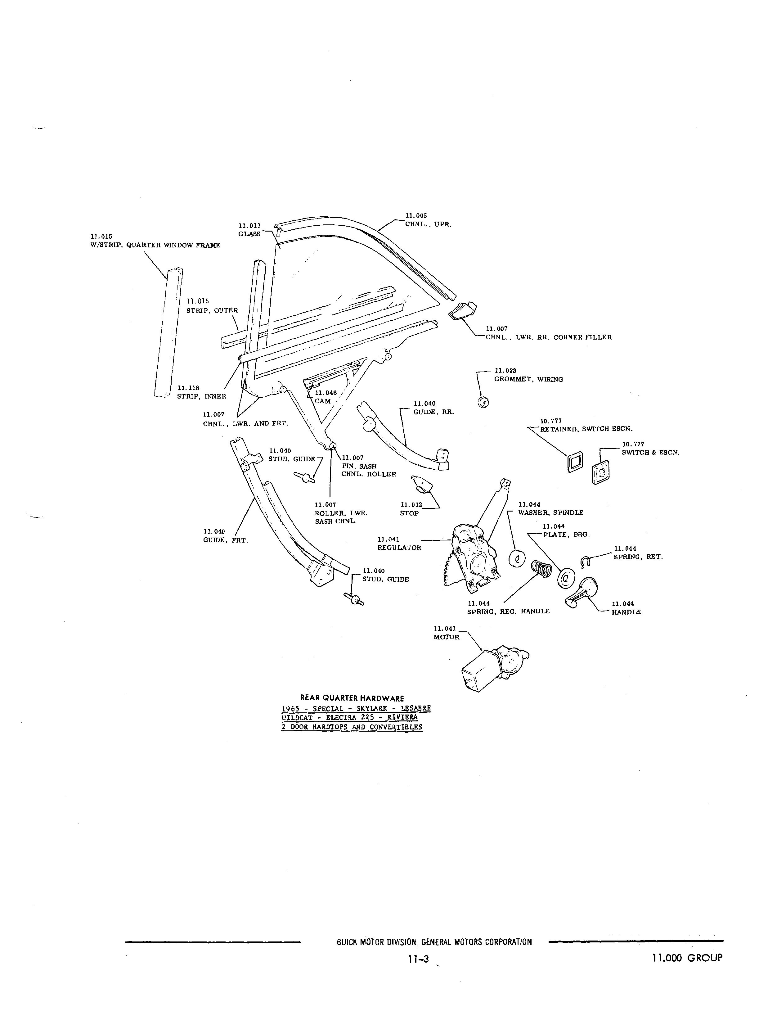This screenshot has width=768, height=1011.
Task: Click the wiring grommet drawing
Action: pyautogui.click(x=483, y=402)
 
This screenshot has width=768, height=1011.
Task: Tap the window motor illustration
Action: pyautogui.click(x=494, y=668)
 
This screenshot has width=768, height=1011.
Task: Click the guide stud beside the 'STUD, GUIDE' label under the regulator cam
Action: pyautogui.click(x=305, y=477)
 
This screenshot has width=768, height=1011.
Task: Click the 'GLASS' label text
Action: pyautogui.click(x=249, y=234)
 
